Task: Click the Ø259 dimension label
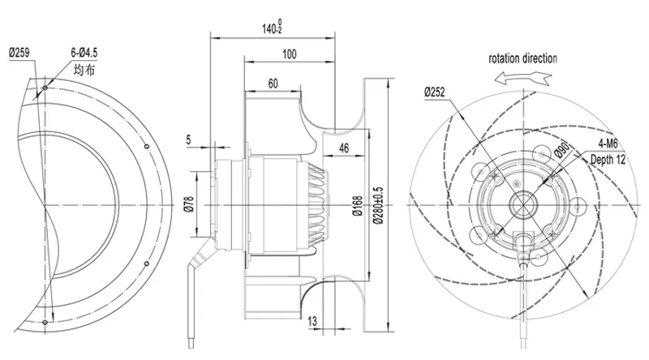(19, 53)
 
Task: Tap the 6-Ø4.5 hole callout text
(84, 53)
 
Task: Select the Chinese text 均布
(84, 70)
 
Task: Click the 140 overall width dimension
(272, 27)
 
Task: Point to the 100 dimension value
(290, 54)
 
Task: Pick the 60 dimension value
(273, 84)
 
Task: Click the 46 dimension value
(343, 148)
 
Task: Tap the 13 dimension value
(312, 321)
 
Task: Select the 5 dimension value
(188, 139)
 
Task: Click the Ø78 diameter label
(189, 204)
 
